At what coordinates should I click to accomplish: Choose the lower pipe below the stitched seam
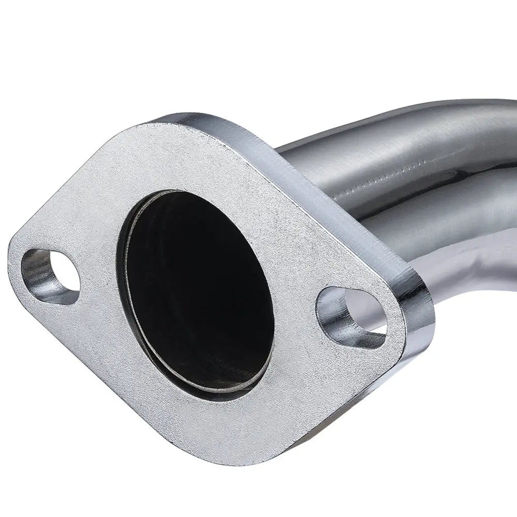tap(436, 233)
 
